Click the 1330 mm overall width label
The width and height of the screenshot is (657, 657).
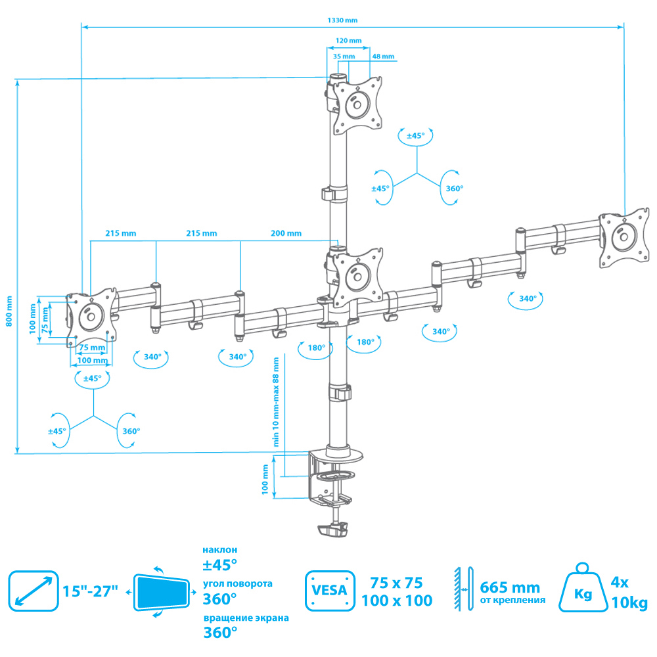click(342, 20)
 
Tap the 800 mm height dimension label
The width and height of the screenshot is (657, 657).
click(9, 311)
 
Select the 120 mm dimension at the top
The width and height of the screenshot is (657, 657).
click(349, 41)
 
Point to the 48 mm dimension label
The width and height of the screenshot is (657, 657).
click(384, 56)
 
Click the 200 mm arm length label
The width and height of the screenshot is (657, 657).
click(286, 233)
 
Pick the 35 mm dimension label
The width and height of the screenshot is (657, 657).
click(344, 56)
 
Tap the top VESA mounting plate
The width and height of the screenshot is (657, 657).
click(357, 104)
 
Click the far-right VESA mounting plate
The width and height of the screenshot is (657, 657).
click(624, 237)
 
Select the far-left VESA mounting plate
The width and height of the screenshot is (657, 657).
click(91, 317)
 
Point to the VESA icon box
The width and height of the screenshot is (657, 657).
click(330, 591)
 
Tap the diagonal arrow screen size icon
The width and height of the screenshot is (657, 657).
click(34, 591)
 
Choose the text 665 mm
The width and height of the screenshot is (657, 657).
click(510, 587)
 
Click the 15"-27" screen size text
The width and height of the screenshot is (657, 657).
click(90, 591)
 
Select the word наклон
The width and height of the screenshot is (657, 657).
click(219, 550)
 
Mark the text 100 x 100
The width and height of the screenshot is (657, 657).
click(397, 600)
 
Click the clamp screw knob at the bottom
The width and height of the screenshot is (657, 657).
click(333, 530)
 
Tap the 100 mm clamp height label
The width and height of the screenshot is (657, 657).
click(265, 480)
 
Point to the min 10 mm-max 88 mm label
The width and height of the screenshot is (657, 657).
click(276, 402)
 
